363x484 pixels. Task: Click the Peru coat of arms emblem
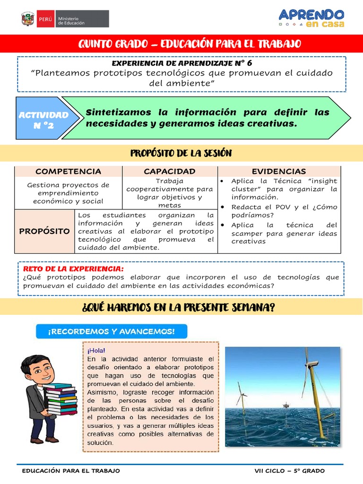tap(28, 19)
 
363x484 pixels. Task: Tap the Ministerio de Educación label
tap(71, 20)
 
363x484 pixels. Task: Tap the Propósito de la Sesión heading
tap(181, 153)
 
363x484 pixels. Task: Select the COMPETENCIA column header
tap(68, 171)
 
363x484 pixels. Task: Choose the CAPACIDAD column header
tap(169, 171)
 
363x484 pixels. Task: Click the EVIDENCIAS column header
tap(278, 171)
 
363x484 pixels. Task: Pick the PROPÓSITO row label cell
tap(44, 231)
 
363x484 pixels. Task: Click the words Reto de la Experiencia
tap(73, 268)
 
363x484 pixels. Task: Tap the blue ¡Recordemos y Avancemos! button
tap(111, 331)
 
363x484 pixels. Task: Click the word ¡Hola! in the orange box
tap(96, 351)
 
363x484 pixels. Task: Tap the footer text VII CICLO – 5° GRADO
tap(289, 471)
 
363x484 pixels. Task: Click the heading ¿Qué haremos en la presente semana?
tap(178, 308)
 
